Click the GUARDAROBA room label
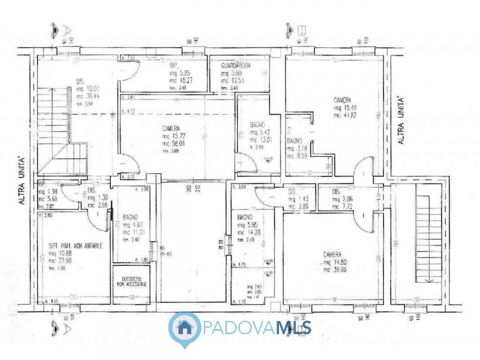236,64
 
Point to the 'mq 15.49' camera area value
346,108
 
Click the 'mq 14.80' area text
336,262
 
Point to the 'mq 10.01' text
88,88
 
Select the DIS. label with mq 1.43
292,192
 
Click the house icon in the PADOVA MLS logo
185,328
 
